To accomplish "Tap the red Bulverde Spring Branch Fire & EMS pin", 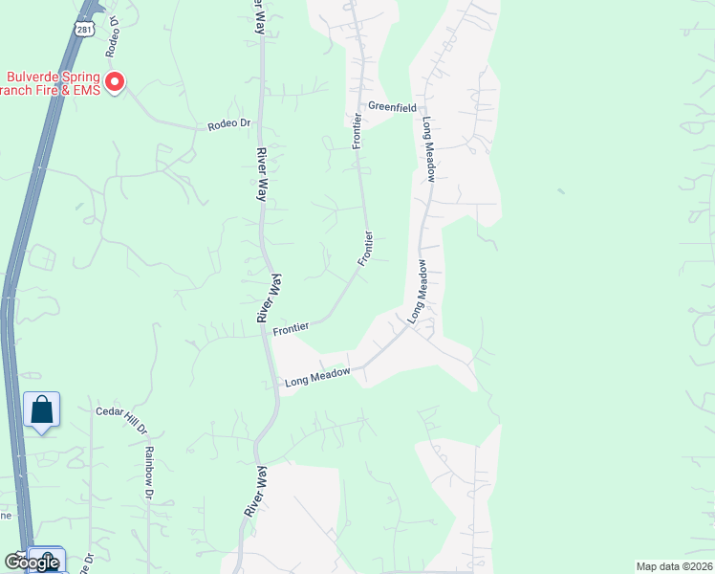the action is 115,83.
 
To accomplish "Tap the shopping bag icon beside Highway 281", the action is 41,410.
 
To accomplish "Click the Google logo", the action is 31,562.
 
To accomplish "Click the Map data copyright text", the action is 675,566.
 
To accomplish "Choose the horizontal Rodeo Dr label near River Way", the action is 228,123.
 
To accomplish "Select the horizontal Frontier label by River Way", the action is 291,328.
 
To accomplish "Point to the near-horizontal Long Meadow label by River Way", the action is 317,378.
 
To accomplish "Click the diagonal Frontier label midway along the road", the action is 365,248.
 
